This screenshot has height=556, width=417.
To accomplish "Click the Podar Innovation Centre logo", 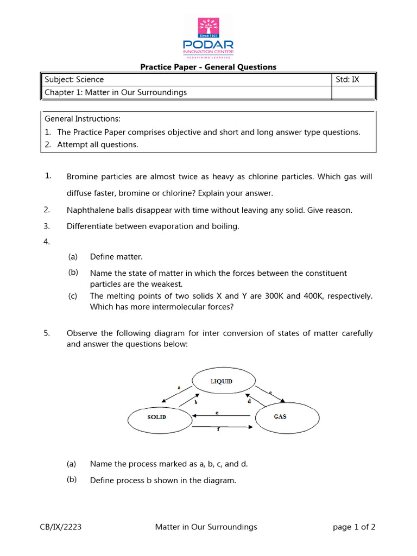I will (208, 37).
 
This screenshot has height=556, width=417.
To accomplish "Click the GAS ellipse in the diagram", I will (280, 416).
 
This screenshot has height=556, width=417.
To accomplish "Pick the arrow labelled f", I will (222, 426).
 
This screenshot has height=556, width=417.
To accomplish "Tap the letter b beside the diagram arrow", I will (195, 402).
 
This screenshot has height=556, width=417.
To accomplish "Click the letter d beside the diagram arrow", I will (249, 402).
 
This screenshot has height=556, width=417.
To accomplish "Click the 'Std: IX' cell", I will (347, 79).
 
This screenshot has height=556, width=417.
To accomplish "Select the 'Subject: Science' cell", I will (74, 79).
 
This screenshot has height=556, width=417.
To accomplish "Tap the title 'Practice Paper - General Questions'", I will (208, 67).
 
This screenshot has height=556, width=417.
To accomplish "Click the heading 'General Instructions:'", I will (83, 118).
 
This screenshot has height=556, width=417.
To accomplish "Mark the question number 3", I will (47, 226).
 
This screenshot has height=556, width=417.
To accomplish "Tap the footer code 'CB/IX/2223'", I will (61, 527).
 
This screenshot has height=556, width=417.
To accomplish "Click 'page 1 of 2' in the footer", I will (353, 527).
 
